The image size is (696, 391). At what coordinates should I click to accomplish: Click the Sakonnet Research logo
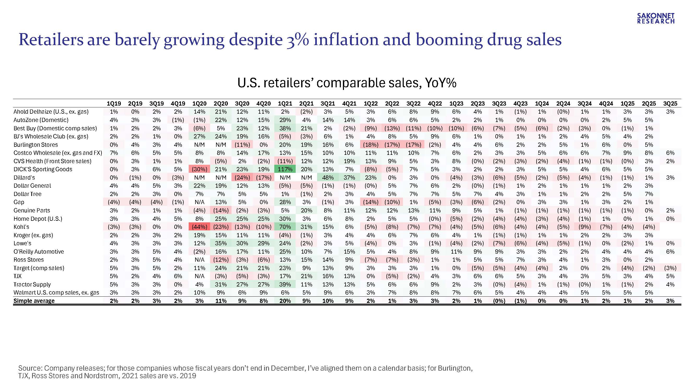[656, 18]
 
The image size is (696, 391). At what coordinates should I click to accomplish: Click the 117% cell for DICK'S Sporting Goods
[285, 169]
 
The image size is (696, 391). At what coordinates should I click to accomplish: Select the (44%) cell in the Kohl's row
[199, 227]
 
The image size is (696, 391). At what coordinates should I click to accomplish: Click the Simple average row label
[34, 301]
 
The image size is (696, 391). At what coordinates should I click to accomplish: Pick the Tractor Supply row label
[32, 284]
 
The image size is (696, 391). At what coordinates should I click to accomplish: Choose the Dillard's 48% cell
[328, 178]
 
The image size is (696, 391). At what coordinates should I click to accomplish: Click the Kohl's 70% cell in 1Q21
[285, 227]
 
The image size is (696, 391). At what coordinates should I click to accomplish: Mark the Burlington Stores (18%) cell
[370, 145]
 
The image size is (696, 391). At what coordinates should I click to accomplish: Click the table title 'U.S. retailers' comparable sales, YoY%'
[347, 83]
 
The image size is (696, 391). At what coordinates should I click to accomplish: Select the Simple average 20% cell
[285, 301]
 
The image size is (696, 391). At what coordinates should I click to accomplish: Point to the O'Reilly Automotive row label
[39, 252]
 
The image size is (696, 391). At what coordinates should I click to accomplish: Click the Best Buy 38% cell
[285, 128]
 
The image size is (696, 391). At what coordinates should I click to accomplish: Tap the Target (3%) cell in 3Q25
[670, 268]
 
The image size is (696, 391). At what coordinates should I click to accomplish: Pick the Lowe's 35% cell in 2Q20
[221, 243]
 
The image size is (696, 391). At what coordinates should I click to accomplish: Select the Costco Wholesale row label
[58, 153]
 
